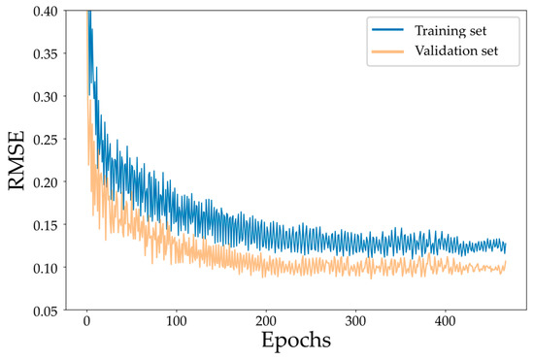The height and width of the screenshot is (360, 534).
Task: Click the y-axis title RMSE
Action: point(17,159)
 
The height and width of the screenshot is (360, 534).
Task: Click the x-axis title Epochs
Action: point(295,343)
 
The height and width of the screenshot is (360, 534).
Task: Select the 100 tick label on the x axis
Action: point(177,321)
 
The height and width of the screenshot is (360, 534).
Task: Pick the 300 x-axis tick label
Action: point(356,321)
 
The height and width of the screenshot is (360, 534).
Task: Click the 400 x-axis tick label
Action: point(446,321)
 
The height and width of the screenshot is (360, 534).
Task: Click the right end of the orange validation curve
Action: point(506,263)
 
